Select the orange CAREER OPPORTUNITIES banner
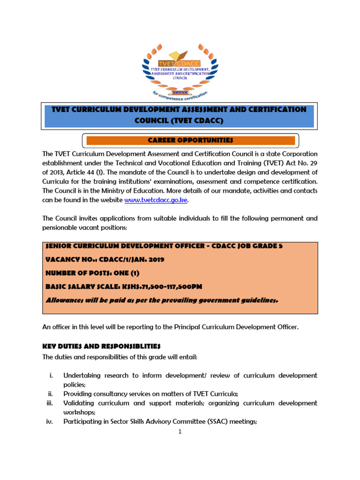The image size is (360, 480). point(190,140)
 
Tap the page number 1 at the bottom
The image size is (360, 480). point(180,432)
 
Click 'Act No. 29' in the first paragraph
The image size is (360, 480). point(298,163)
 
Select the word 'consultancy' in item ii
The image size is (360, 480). point(111,394)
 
